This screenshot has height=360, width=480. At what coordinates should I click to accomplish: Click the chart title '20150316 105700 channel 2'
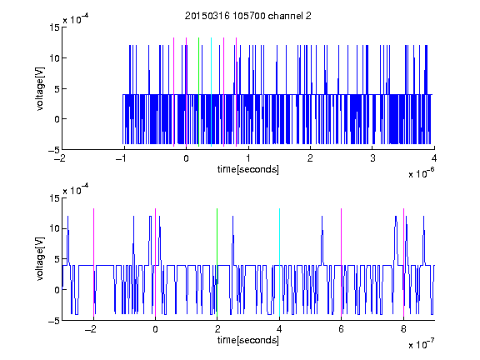coord(248,16)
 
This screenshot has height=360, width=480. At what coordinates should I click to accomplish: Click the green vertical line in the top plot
coord(198,92)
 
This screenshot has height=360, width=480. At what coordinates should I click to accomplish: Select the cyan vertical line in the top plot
coord(211,92)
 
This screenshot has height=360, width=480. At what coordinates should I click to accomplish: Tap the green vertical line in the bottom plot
coord(217,263)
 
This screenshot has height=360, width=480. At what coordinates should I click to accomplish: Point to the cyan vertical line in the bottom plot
coord(279,263)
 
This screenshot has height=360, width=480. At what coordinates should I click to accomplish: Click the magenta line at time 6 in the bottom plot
coord(342,263)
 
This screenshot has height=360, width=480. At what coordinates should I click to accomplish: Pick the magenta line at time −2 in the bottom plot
coord(93,263)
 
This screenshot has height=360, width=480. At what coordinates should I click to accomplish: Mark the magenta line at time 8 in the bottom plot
coord(403,263)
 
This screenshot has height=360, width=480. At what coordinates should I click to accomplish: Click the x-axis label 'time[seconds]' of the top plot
coord(248,169)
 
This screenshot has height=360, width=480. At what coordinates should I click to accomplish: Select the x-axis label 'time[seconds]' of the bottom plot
coord(248,340)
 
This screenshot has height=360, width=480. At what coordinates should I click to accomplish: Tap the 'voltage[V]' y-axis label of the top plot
coord(40,89)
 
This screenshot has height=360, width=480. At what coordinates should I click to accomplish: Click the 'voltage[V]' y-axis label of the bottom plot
coord(40,259)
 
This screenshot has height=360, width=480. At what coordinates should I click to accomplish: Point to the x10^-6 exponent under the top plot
coord(421,173)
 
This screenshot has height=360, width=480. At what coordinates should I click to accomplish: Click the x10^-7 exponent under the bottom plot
coord(421,344)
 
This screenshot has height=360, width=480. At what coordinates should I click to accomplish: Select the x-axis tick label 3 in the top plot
coord(372,158)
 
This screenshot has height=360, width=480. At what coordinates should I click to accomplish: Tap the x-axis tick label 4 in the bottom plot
coord(279,329)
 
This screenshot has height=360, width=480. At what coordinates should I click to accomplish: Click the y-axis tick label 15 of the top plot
coord(55,27)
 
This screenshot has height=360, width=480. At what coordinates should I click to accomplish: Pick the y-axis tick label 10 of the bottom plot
coord(55,228)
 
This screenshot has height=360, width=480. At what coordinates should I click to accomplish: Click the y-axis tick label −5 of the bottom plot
coord(54,321)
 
